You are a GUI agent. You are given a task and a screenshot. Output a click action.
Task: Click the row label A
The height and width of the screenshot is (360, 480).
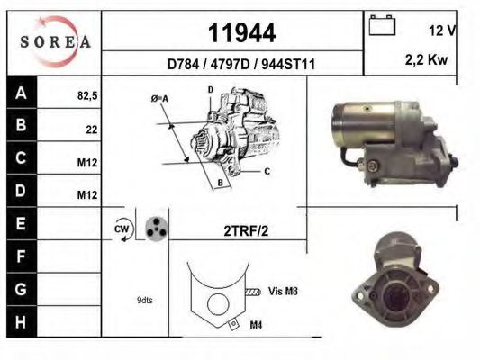tap(23, 93)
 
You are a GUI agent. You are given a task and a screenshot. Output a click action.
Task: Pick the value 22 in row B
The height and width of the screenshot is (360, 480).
tap(91, 130)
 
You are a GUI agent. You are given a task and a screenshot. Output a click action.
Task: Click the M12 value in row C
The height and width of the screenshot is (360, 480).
tap(87, 162)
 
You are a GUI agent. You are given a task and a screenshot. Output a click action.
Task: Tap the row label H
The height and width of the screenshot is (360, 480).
tap(23, 321)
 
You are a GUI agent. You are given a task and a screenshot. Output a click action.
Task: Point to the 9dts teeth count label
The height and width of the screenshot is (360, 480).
tap(144, 300)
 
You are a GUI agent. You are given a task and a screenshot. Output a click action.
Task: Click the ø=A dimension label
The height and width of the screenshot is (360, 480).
tap(160, 99)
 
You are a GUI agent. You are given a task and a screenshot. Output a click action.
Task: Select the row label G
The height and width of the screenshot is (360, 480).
tap(23, 290)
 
